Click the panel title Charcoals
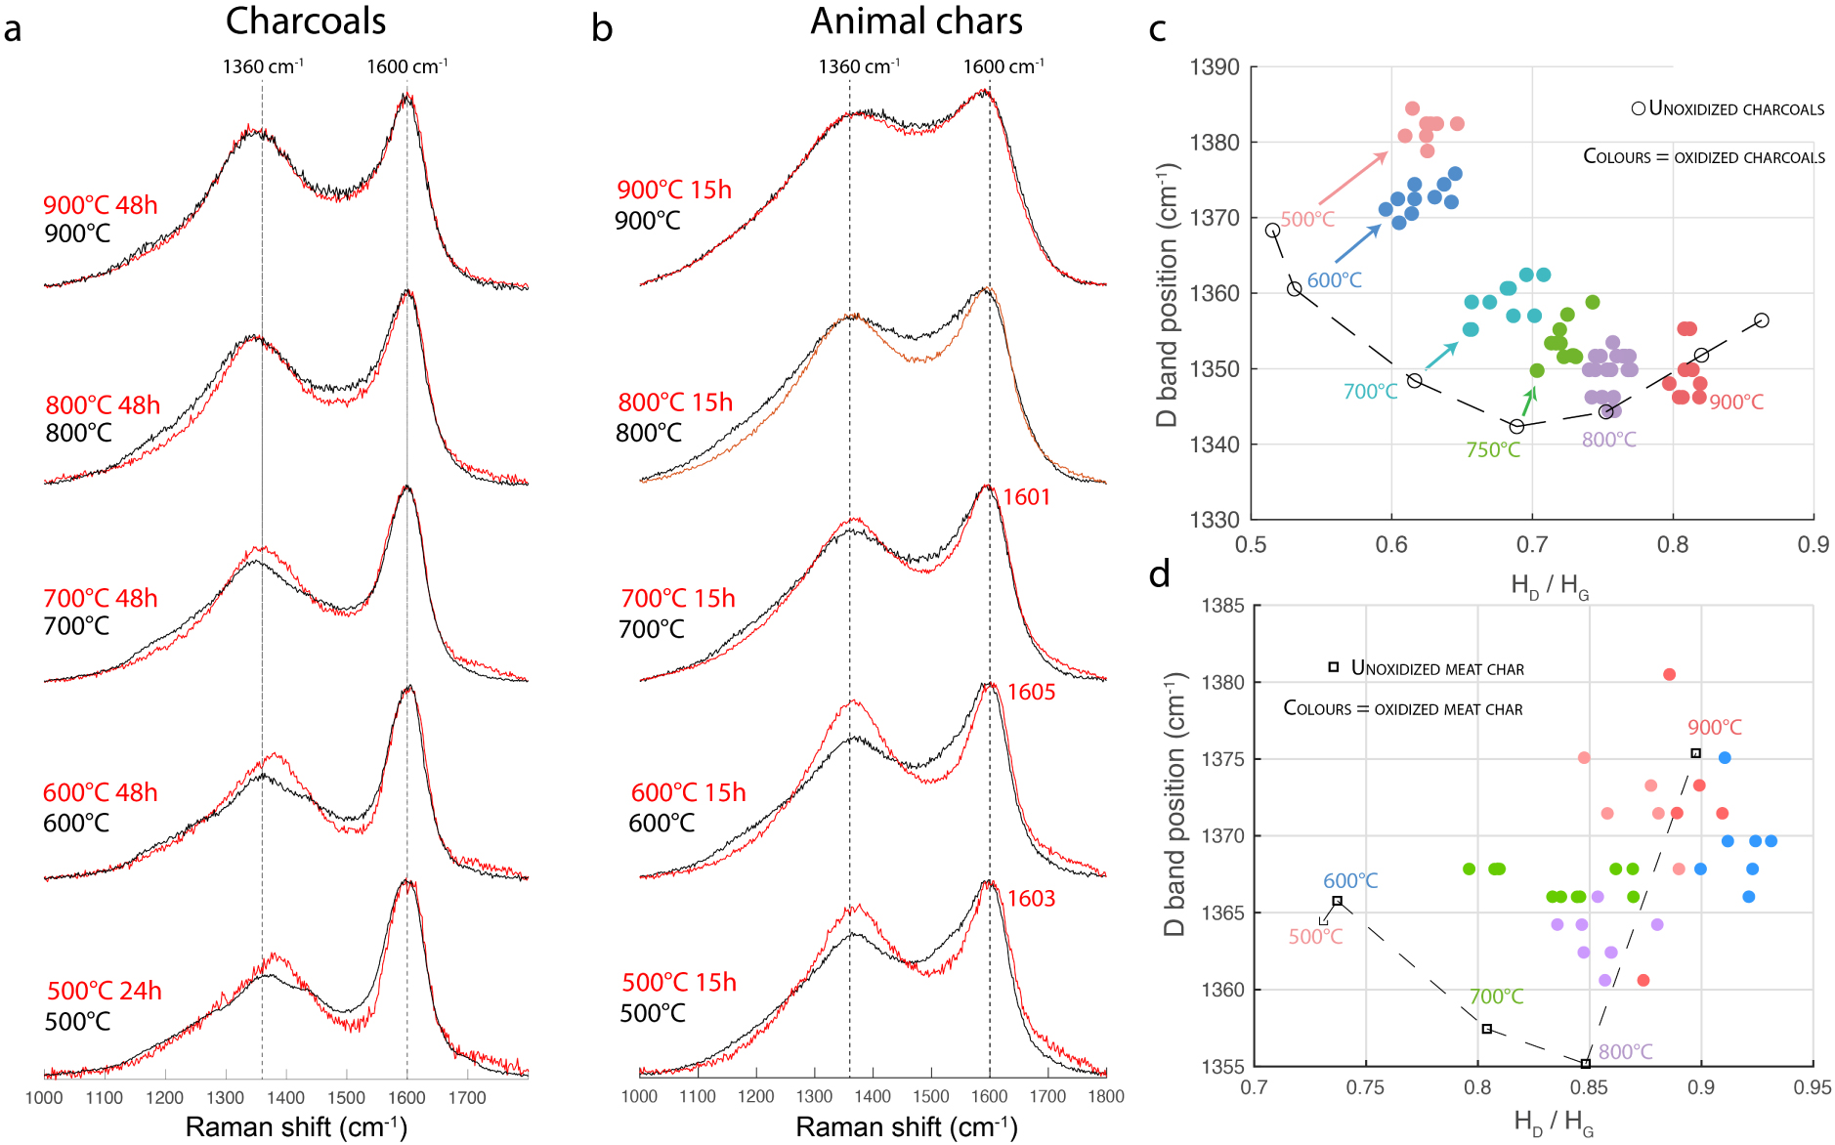click(305, 21)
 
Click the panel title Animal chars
click(916, 21)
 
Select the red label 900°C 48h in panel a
click(100, 205)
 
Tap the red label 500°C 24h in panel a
click(104, 991)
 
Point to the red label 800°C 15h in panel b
click(674, 403)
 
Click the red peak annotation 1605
click(1031, 692)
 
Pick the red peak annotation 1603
click(1031, 899)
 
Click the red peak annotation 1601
click(1026, 497)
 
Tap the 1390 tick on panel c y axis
click(1214, 67)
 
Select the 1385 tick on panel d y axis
click(1222, 606)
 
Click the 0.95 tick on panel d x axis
click(1812, 1087)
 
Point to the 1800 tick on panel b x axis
click(1106, 1097)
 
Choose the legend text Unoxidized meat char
click(1436, 668)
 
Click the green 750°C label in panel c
click(1492, 450)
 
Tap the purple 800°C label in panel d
click(1625, 1052)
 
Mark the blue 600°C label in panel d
click(1349, 881)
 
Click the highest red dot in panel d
click(1669, 674)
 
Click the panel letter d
click(1160, 574)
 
